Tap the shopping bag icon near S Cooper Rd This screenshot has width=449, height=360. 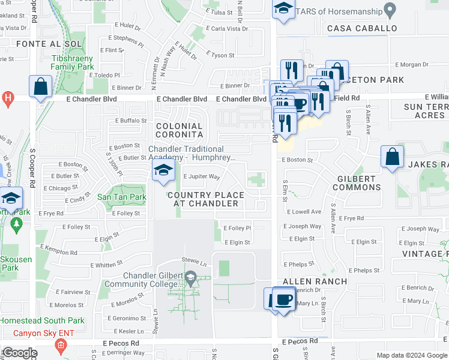tap(40, 86)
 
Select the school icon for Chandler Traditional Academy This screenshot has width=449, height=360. tap(163, 170)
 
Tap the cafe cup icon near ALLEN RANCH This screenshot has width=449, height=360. tap(283, 299)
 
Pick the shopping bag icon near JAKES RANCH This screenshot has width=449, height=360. tap(391, 157)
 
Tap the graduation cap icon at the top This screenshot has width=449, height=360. tap(282, 8)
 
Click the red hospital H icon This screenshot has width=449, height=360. tap(8, 98)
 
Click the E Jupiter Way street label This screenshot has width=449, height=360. tap(202, 177)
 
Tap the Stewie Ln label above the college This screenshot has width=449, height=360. tap(194, 262)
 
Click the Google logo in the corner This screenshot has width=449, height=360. tap(20, 353)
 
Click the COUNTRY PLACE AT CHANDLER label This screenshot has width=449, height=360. tap(206, 199)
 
